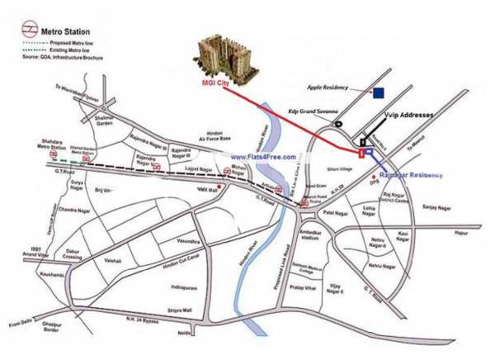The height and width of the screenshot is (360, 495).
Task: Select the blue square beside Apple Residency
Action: click(379, 93)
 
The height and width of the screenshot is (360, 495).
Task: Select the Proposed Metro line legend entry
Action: click(70, 40)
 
